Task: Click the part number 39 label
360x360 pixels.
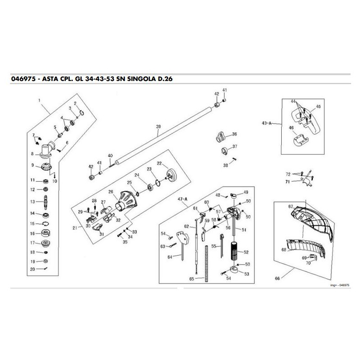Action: click(158, 127)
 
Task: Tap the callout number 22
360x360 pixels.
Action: click(159, 163)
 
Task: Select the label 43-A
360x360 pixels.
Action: click(266, 122)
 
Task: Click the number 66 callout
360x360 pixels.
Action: click(277, 279)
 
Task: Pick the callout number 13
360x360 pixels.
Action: click(32, 202)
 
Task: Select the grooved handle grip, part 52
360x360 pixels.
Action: click(234, 253)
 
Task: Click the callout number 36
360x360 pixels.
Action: click(234, 134)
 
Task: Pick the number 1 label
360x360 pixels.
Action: click(39, 99)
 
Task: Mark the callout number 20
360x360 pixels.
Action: click(32, 269)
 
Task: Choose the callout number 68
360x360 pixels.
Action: click(284, 249)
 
